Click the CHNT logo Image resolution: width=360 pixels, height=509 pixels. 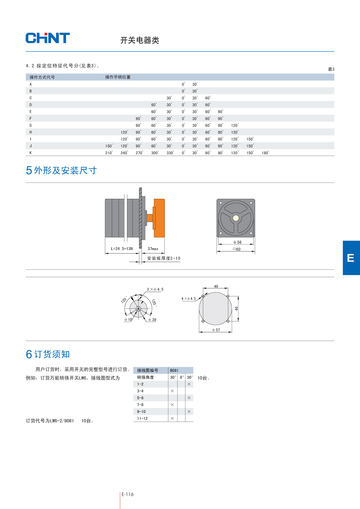pos(48,38)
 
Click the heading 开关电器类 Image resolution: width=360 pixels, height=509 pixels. pos(140,40)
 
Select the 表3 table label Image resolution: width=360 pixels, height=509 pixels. pos(331,69)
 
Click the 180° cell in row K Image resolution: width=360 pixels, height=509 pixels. pos(265,153)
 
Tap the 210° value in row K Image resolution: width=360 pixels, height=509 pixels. pos(109,153)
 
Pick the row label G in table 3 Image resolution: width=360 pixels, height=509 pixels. pos(31,125)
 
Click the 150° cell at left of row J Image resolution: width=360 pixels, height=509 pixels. pos(109,146)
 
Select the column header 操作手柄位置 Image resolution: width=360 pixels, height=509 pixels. pos(118,77)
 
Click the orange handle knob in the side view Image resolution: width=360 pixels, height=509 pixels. pos(159,218)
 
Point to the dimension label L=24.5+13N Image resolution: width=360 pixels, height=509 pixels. pos(122,249)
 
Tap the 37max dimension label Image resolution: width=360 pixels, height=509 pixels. pos(153,249)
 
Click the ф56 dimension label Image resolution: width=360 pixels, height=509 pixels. pos(237,242)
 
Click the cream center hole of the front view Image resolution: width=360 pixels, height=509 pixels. pos(236,218)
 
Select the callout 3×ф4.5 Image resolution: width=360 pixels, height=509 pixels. pos(155,289)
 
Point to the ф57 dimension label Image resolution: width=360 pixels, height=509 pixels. pos(216,330)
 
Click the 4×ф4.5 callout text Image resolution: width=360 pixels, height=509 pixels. pos(188,299)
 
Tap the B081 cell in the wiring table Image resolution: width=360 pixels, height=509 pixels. pos(174,370)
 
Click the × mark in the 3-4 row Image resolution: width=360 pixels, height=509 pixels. pos(172,391)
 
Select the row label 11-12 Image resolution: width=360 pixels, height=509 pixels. pos(142,418)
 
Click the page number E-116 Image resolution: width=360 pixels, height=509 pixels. pos(127,494)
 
